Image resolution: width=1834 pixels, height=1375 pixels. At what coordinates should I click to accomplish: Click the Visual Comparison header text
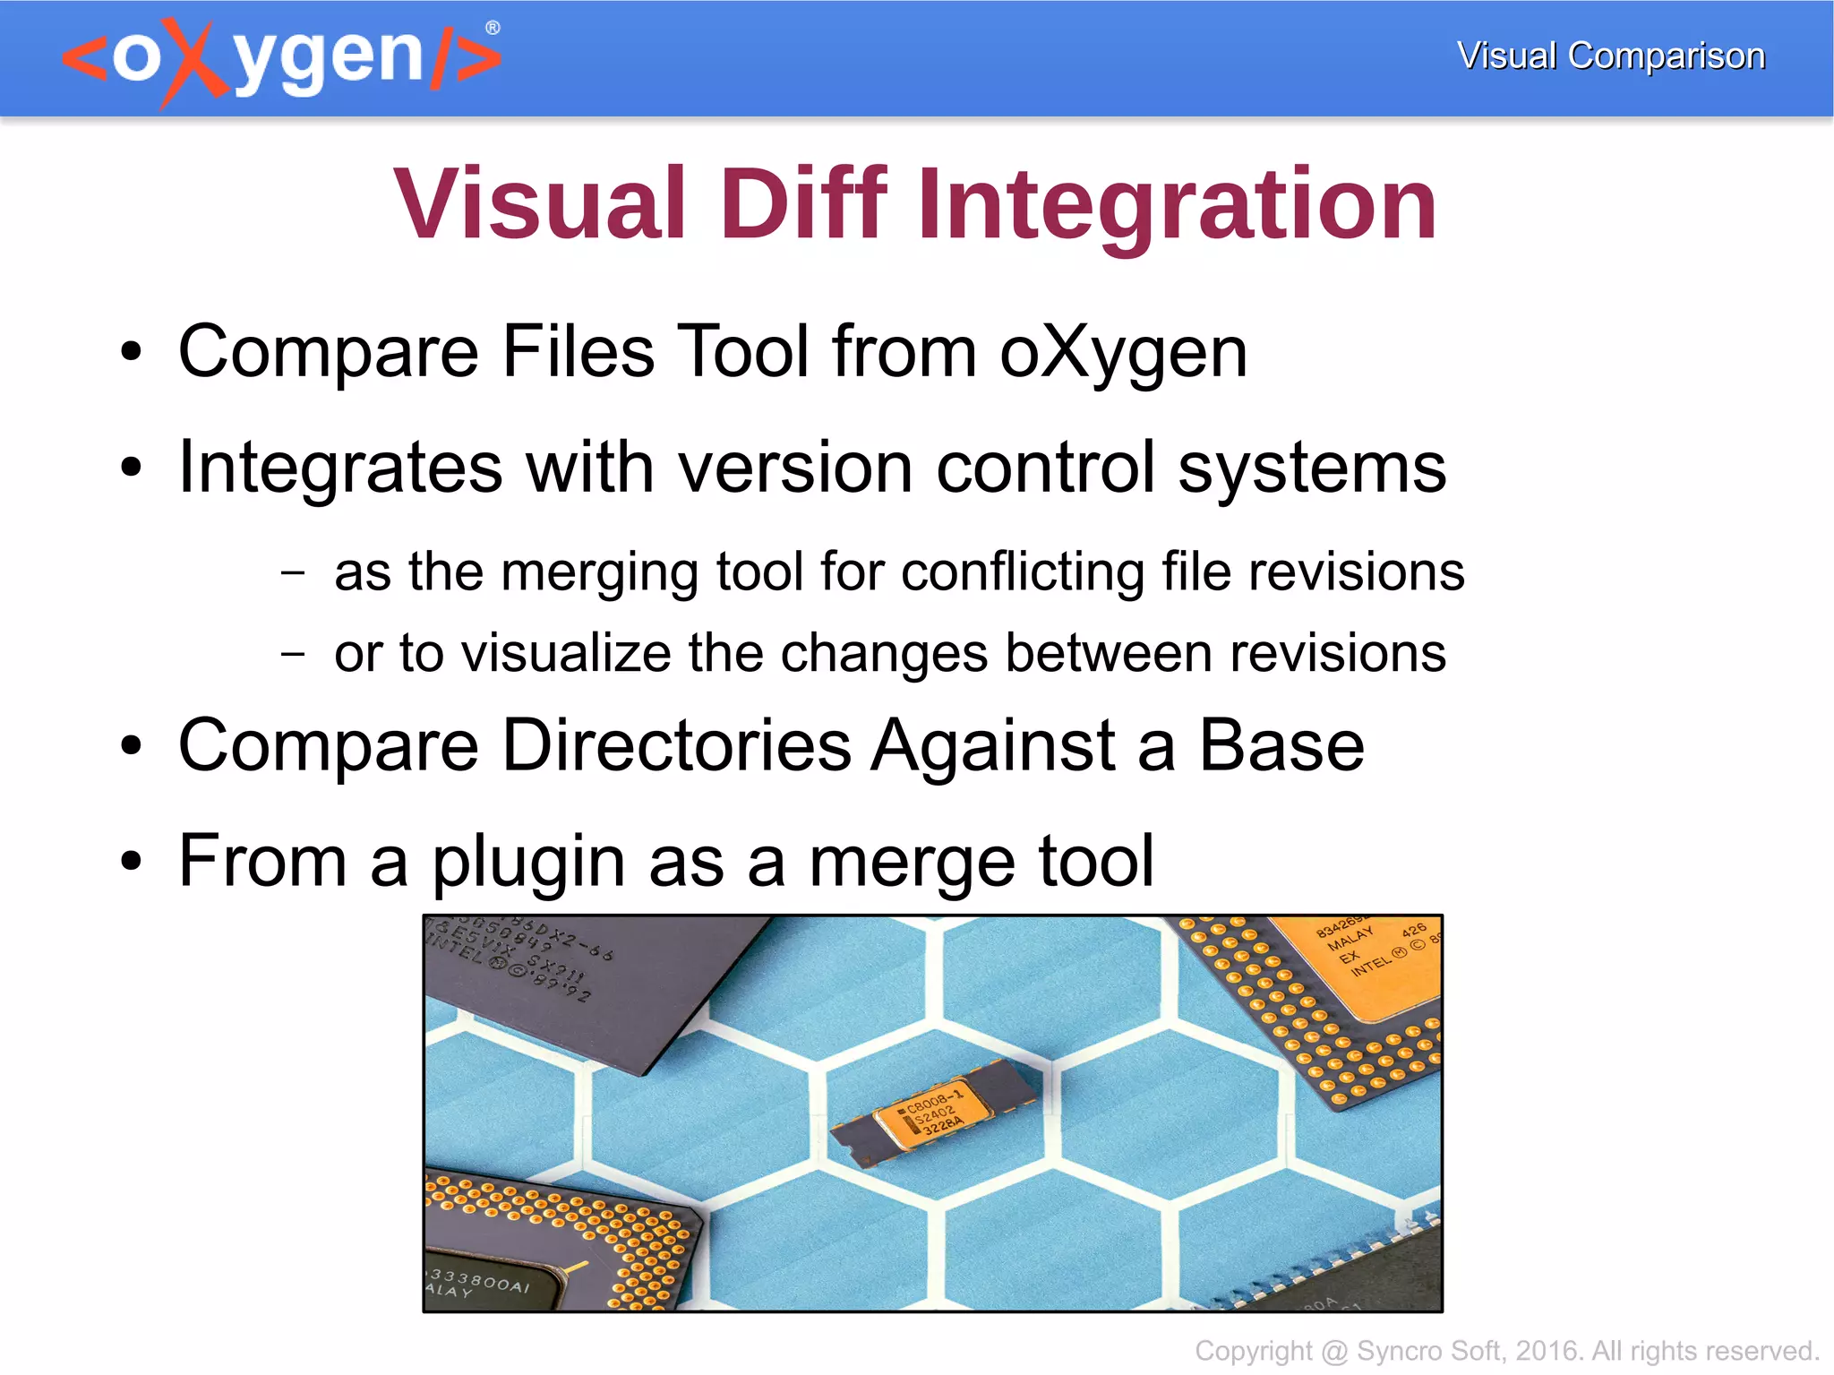[x=1610, y=56]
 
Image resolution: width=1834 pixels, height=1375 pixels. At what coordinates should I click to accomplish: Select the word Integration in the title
[x=1176, y=204]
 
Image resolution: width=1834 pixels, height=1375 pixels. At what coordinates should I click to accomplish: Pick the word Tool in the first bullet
[x=742, y=351]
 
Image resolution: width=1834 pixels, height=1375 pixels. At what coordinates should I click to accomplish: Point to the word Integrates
[x=339, y=468]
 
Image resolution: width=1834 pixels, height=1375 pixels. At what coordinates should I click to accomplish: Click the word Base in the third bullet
[x=1281, y=745]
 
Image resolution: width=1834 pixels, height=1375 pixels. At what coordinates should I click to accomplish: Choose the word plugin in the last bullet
[x=528, y=862]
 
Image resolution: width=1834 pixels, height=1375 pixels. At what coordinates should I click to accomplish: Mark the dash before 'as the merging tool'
[x=292, y=572]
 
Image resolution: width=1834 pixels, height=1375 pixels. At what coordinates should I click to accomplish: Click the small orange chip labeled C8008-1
[x=931, y=1111]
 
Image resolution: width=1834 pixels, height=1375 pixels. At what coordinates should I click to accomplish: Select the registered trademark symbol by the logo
[x=492, y=28]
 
